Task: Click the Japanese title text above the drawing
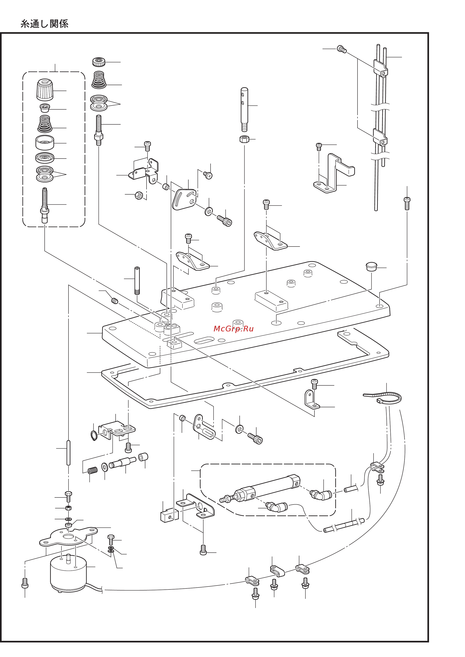[x=44, y=24]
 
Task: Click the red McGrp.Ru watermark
[x=233, y=328]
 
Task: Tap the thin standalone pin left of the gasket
[x=68, y=453]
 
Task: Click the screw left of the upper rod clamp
[x=342, y=49]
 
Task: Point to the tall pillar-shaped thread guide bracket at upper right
[x=334, y=173]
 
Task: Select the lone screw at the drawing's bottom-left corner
[x=25, y=583]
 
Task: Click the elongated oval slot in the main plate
[x=204, y=340]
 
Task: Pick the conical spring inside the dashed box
[x=45, y=124]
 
